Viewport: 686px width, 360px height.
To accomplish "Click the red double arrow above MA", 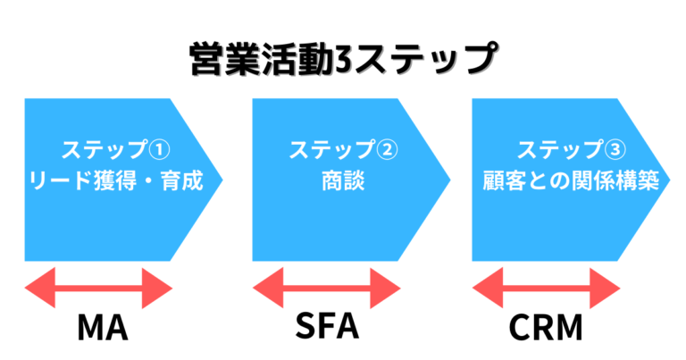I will [x=98, y=289].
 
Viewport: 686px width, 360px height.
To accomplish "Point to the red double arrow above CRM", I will [x=546, y=289].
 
